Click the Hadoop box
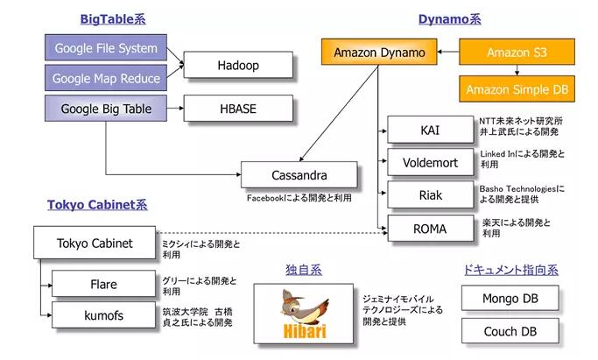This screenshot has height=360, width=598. pyautogui.click(x=238, y=65)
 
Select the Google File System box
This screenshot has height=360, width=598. pyautogui.click(x=106, y=47)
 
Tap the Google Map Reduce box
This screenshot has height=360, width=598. pyautogui.click(x=106, y=78)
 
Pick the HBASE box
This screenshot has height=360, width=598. pyautogui.click(x=238, y=109)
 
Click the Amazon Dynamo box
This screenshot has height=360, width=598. pyautogui.click(x=379, y=52)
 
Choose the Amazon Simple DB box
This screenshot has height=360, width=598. pyautogui.click(x=517, y=88)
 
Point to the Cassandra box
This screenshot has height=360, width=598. pyautogui.click(x=299, y=174)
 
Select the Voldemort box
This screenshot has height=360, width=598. pyautogui.click(x=431, y=162)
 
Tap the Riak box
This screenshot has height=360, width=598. pyautogui.click(x=431, y=194)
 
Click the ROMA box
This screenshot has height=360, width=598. pyautogui.click(x=431, y=229)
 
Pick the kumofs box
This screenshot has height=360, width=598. pyautogui.click(x=103, y=315)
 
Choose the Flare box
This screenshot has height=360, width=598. pyautogui.click(x=103, y=284)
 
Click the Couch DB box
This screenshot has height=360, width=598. pyautogui.click(x=510, y=331)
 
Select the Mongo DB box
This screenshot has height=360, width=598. pyautogui.click(x=510, y=298)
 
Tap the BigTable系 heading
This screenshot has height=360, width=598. pyautogui.click(x=113, y=19)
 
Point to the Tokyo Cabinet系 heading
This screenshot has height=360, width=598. pyautogui.click(x=97, y=205)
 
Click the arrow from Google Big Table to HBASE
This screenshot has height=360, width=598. pyautogui.click(x=175, y=109)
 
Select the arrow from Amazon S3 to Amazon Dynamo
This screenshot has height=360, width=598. pyautogui.click(x=448, y=52)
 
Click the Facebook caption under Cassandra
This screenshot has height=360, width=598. pyautogui.click(x=299, y=198)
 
